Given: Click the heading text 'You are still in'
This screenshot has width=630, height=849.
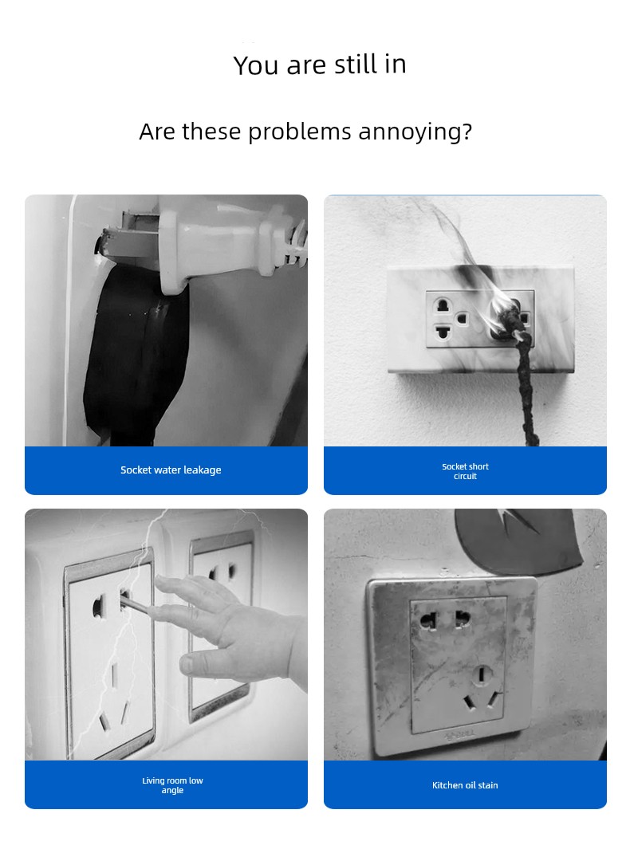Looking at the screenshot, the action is [x=320, y=65].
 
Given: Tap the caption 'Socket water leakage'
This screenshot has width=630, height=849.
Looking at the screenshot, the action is [x=171, y=470].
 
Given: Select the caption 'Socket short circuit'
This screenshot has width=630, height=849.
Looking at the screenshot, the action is [x=465, y=471].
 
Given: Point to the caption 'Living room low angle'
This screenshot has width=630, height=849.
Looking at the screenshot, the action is [x=172, y=785].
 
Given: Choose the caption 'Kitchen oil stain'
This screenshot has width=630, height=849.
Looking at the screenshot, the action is [x=465, y=785].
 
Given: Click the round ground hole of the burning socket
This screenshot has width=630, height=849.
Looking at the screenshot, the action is [x=462, y=318].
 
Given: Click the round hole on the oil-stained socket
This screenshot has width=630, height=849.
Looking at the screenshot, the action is [x=480, y=674].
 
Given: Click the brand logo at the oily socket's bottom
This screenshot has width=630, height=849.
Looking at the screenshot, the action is [x=460, y=735].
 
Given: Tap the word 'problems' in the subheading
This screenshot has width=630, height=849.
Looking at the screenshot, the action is [x=300, y=132].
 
